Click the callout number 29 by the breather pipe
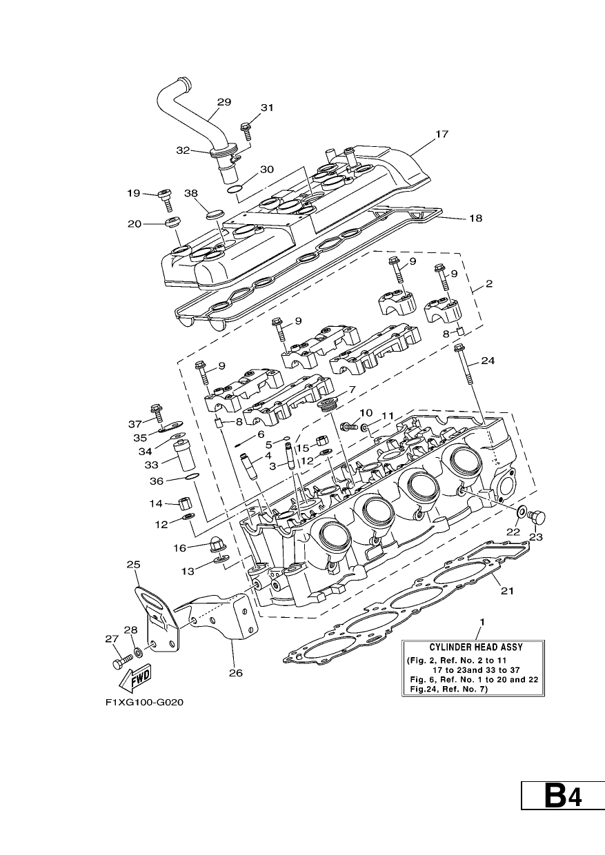click(224, 102)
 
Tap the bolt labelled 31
click(246, 131)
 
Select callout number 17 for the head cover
click(442, 134)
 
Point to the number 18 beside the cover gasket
click(475, 219)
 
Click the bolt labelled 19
click(166, 200)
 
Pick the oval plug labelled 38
click(215, 213)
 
